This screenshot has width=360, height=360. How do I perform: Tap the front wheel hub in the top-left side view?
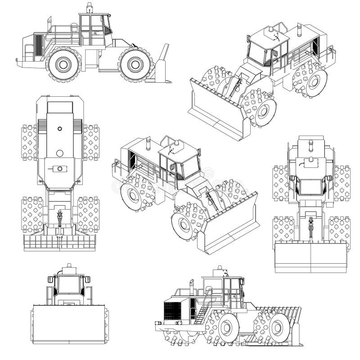[x=134, y=64]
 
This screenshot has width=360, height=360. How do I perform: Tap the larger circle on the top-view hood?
[x=60, y=153]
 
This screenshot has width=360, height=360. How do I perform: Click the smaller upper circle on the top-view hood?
[x=60, y=128]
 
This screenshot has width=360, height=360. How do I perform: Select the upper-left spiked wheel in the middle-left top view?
[x=29, y=142]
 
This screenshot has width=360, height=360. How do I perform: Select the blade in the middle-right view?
[x=311, y=257]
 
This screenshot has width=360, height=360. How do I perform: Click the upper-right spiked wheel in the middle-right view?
[x=342, y=183]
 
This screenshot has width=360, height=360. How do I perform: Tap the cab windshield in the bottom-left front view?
[x=69, y=284]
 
